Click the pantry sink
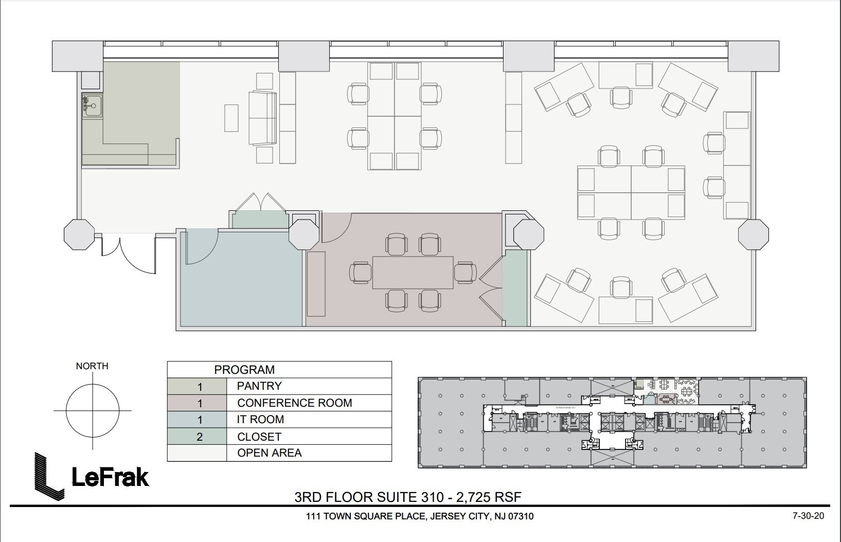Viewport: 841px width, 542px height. [x=93, y=106]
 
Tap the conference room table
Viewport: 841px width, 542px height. [x=413, y=273]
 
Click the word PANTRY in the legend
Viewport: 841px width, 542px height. [x=259, y=386]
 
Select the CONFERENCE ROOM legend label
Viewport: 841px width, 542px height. [x=294, y=403]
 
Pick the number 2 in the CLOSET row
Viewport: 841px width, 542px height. [x=200, y=437]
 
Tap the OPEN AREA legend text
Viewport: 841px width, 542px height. [x=269, y=453]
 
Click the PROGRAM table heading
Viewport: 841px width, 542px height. [x=244, y=370]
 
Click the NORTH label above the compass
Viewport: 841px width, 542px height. [x=92, y=366]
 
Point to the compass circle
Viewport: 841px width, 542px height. [x=93, y=411]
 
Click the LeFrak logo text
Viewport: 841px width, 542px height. [x=110, y=477]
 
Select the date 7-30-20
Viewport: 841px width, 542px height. [x=809, y=515]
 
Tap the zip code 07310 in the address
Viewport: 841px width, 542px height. [x=521, y=516]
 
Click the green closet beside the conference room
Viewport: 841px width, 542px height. [x=515, y=288]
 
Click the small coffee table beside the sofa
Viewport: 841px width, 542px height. [x=231, y=118]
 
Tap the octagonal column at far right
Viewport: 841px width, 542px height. [x=753, y=234]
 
